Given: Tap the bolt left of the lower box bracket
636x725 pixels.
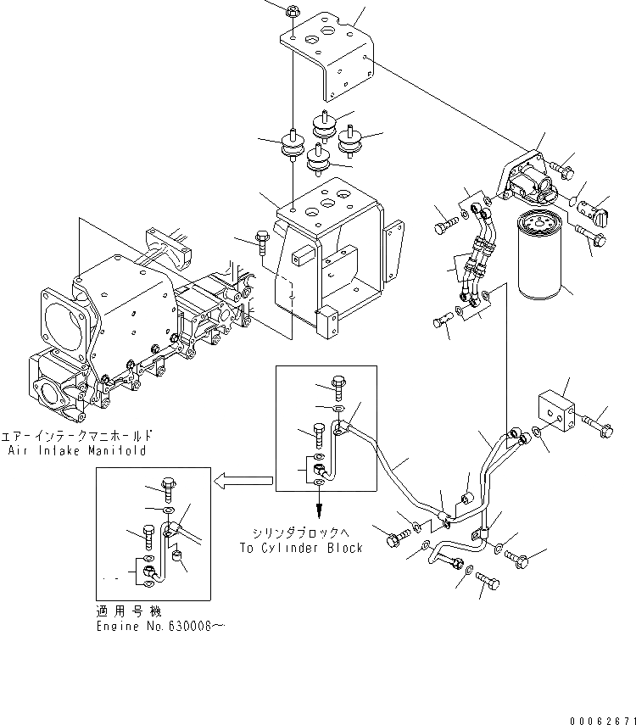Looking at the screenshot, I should pyautogui.click(x=262, y=243).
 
